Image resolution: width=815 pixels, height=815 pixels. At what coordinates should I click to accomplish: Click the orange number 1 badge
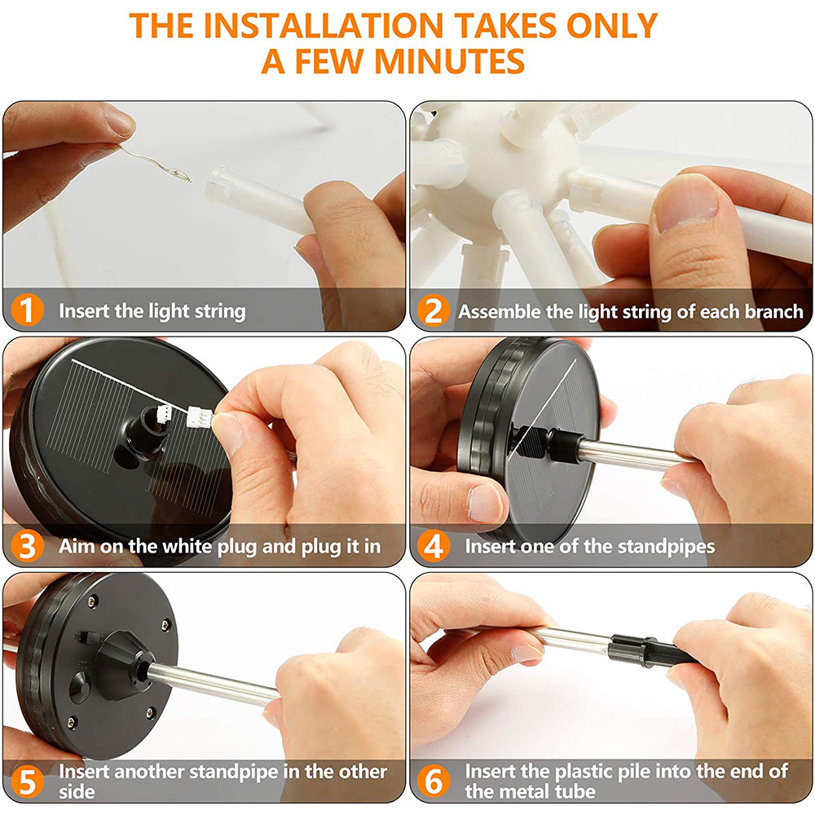(27, 311)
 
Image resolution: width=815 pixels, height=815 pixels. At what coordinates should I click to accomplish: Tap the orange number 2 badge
(433, 311)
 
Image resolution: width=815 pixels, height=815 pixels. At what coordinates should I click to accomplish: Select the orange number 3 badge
(27, 546)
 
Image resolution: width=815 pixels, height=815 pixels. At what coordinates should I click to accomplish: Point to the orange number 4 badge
(433, 546)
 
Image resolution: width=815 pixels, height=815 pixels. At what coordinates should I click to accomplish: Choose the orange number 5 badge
(27, 782)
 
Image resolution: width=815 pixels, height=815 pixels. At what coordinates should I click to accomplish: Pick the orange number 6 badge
(433, 782)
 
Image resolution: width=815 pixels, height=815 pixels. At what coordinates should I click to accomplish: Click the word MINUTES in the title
(450, 61)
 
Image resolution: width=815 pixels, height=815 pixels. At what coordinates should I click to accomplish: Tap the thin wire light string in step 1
(156, 162)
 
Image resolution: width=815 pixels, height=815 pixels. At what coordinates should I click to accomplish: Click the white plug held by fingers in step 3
(200, 416)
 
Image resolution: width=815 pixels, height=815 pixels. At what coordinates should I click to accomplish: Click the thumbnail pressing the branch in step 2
(686, 203)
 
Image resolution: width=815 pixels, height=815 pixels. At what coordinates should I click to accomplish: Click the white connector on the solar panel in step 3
(164, 414)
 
